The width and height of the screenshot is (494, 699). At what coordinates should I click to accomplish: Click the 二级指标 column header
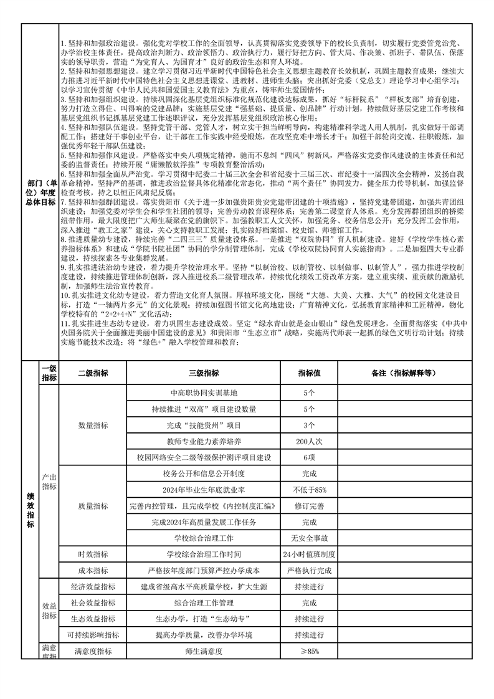[93, 373]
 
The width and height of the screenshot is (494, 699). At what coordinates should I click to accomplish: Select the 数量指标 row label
[93, 426]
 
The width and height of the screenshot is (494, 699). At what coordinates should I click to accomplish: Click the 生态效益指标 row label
[93, 619]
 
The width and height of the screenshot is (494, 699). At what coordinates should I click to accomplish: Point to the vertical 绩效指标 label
[30, 510]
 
